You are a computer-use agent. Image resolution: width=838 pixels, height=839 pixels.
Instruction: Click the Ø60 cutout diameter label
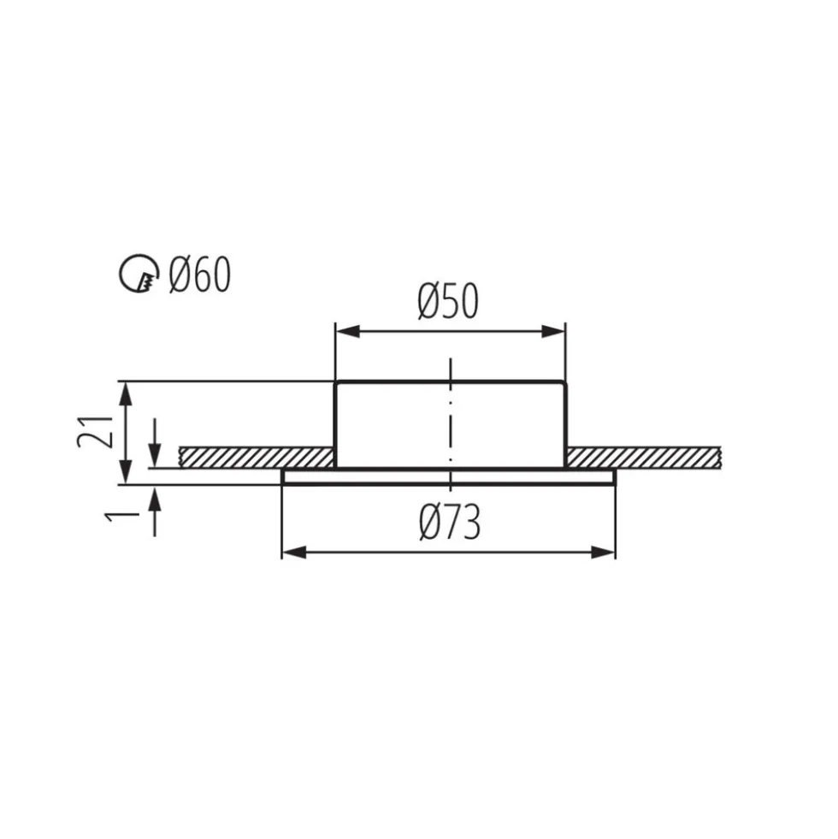tap(199, 274)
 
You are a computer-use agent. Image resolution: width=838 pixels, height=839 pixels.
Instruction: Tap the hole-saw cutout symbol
tap(139, 274)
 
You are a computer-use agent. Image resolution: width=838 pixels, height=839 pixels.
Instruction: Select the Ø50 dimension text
tap(448, 301)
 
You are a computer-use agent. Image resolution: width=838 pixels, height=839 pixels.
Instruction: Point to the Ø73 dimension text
tap(450, 522)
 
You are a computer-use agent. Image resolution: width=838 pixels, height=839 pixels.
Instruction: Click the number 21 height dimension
tap(95, 431)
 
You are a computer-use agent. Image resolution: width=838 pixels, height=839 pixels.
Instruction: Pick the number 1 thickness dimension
tap(122, 517)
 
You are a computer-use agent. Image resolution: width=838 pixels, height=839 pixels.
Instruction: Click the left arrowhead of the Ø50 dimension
tap(347, 332)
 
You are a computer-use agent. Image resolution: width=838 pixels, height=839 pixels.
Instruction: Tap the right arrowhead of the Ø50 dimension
tap(553, 332)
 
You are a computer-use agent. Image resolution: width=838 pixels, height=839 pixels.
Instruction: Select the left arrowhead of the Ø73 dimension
tap(294, 552)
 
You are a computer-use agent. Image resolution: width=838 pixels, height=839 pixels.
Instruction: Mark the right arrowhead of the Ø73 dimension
tap(603, 552)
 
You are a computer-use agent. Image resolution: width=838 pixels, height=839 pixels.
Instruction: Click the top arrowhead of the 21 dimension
tap(125, 393)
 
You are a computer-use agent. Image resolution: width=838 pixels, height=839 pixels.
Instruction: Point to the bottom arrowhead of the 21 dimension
tap(125, 472)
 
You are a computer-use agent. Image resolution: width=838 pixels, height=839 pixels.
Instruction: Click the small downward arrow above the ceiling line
tap(155, 443)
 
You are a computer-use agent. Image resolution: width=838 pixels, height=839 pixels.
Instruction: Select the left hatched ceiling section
tap(257, 458)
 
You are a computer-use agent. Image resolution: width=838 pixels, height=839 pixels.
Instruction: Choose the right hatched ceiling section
tap(644, 458)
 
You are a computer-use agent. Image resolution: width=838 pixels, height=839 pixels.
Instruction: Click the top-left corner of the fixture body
tap(335, 382)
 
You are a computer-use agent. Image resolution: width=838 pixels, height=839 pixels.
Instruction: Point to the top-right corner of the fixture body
tap(565, 382)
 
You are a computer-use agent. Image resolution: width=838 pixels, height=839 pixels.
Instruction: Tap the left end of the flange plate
tap(282, 476)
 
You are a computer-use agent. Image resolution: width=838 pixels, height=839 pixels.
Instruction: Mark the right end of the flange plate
tap(616, 476)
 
